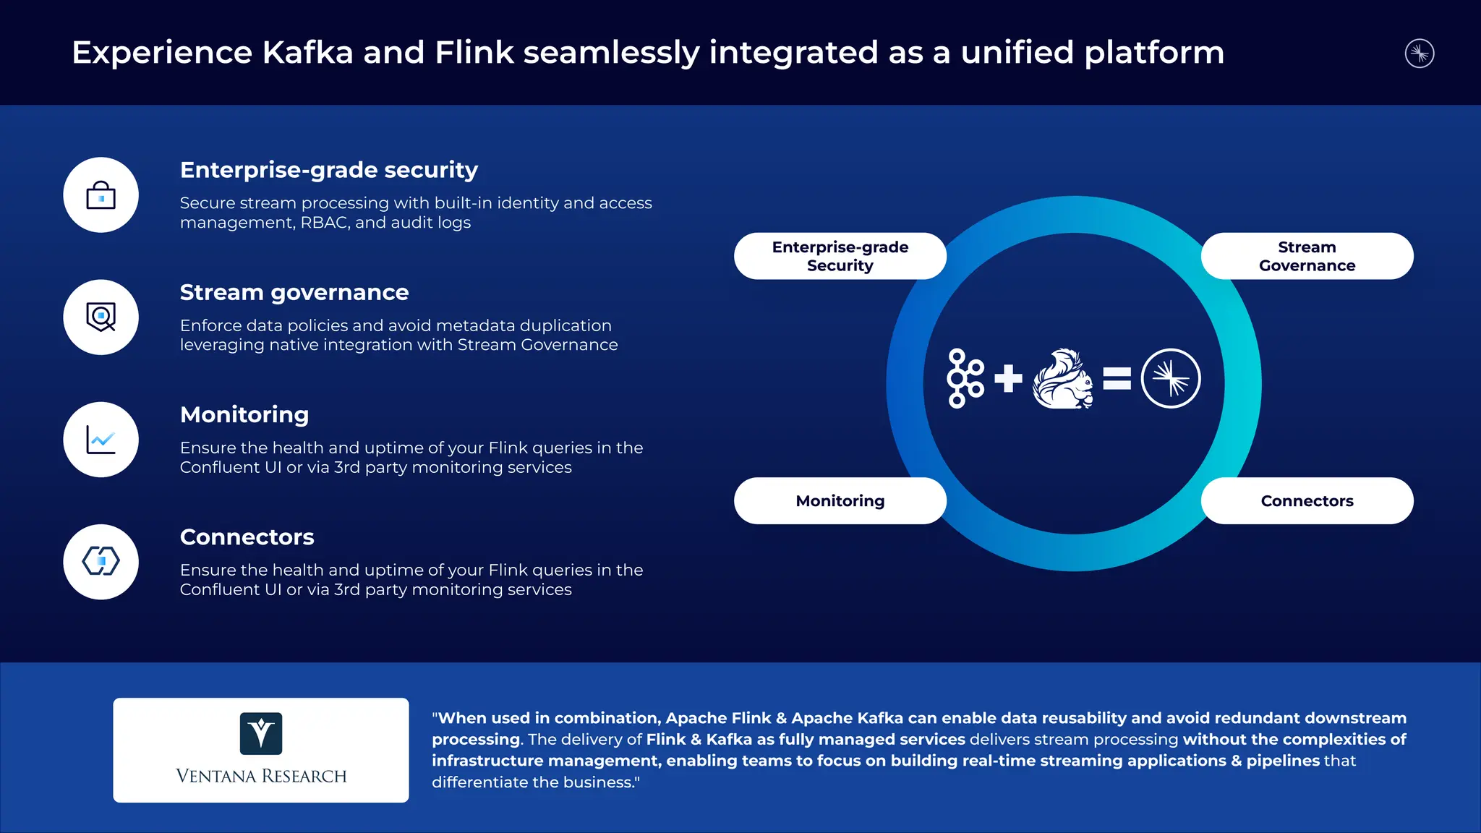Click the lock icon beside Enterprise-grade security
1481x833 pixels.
[101, 195]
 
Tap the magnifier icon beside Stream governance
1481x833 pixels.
[101, 317]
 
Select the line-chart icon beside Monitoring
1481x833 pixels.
[101, 440]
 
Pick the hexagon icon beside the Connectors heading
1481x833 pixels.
[101, 561]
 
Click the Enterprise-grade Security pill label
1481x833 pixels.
[840, 256]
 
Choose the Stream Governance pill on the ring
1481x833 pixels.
[1307, 256]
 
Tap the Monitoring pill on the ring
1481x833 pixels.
[840, 500]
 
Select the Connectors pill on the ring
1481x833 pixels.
[1307, 500]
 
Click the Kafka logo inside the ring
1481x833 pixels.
[965, 378]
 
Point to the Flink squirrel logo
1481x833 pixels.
[1062, 379]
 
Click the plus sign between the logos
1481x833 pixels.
[1008, 378]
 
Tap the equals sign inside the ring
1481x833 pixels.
[1117, 378]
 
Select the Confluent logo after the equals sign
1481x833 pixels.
[1171, 378]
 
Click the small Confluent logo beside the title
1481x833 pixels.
[1420, 54]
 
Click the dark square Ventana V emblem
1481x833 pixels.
[261, 733]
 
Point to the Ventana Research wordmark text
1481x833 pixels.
[261, 776]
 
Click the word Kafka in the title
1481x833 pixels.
[307, 53]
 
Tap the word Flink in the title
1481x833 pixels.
[474, 53]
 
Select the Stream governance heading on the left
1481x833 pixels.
[294, 292]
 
